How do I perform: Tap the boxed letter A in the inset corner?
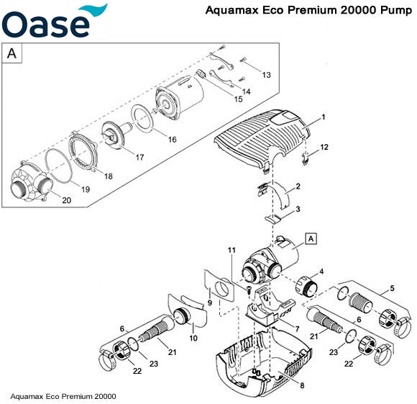(x=12, y=53)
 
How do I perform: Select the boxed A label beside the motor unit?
(x=311, y=238)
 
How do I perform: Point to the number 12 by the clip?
(x=324, y=147)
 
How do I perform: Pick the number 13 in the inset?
(x=266, y=75)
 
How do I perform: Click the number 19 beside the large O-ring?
(x=85, y=189)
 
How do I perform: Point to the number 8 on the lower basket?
(x=302, y=386)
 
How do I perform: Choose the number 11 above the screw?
(x=232, y=249)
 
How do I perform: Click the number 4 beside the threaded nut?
(x=321, y=271)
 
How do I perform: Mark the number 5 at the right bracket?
(x=391, y=289)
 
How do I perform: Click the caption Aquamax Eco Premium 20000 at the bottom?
(x=63, y=396)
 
